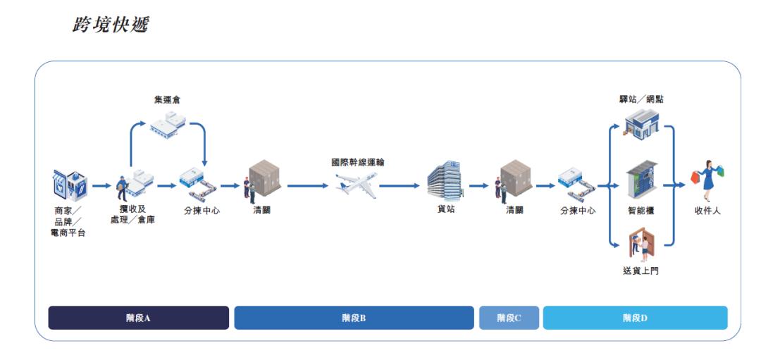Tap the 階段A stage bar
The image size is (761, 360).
pyautogui.click(x=138, y=318)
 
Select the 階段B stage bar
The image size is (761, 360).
pyautogui.click(x=354, y=318)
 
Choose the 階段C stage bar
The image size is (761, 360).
pyautogui.click(x=509, y=318)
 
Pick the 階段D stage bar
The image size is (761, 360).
pyautogui.click(x=635, y=318)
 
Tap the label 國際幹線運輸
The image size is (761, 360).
pyautogui.click(x=358, y=162)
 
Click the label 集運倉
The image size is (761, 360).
pyautogui.click(x=167, y=100)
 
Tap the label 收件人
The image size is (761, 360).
pyautogui.click(x=707, y=211)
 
